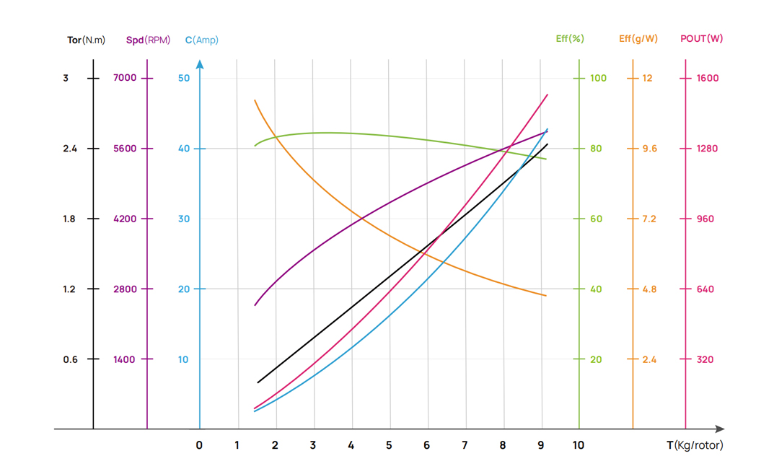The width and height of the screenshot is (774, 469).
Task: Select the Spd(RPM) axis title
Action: click(x=148, y=40)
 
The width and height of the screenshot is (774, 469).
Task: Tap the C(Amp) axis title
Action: click(x=201, y=40)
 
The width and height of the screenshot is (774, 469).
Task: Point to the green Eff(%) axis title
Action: click(x=570, y=38)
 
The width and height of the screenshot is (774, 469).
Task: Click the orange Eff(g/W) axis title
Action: click(x=638, y=38)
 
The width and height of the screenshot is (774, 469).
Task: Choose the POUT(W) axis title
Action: click(x=701, y=38)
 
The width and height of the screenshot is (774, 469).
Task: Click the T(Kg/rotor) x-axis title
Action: click(x=695, y=445)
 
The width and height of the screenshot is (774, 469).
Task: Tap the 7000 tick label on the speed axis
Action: click(x=125, y=78)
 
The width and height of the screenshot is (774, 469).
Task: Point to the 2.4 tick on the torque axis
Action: click(x=70, y=149)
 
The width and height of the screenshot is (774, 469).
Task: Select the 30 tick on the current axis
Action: click(x=184, y=219)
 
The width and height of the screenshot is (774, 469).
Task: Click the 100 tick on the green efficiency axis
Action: click(x=598, y=78)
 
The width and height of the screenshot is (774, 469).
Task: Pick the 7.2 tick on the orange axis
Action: click(x=649, y=219)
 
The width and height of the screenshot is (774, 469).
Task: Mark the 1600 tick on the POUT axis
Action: click(x=708, y=78)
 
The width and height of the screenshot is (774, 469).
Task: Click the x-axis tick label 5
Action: click(x=389, y=445)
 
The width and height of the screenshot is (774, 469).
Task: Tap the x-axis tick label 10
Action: click(x=579, y=445)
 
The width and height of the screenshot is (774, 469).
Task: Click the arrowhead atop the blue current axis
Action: click(x=200, y=65)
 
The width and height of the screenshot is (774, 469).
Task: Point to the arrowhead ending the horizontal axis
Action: click(x=719, y=429)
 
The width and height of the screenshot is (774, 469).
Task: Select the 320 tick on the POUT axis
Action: click(x=705, y=359)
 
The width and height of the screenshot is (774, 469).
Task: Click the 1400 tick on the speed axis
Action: click(x=124, y=359)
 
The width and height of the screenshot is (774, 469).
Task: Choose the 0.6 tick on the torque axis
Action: click(x=70, y=359)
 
